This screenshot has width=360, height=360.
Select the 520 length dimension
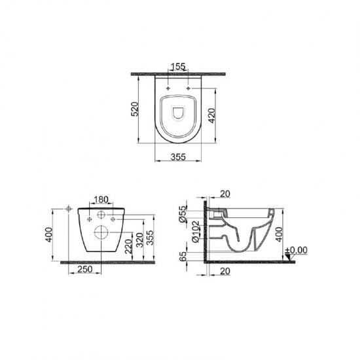(134, 109)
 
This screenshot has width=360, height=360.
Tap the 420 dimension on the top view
(211, 115)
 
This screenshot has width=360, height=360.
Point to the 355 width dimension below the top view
(178, 157)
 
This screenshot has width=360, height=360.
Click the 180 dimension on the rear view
(101, 200)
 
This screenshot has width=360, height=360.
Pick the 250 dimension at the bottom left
(85, 269)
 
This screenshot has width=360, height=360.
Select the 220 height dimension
(129, 246)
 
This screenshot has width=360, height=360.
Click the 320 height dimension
(139, 240)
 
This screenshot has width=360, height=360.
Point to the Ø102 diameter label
(196, 232)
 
